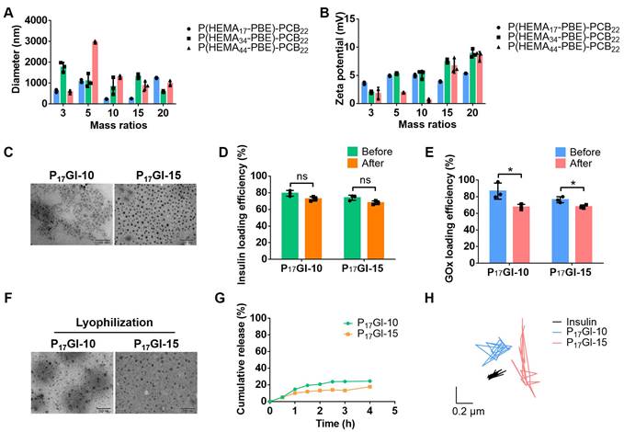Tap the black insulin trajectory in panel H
(495, 373)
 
